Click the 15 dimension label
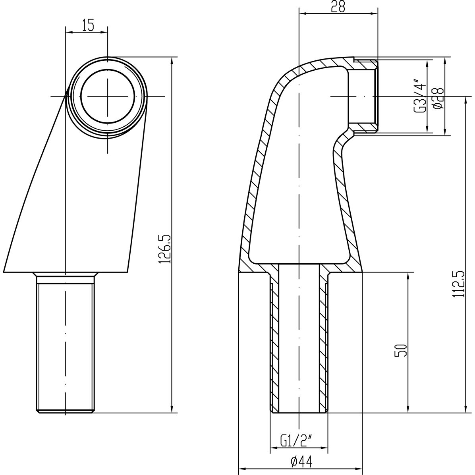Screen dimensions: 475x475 (88, 25)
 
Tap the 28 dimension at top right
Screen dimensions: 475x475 (338, 7)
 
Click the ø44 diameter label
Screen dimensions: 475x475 (301, 462)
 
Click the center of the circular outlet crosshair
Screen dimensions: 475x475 (107, 96)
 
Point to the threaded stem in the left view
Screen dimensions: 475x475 (66, 346)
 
